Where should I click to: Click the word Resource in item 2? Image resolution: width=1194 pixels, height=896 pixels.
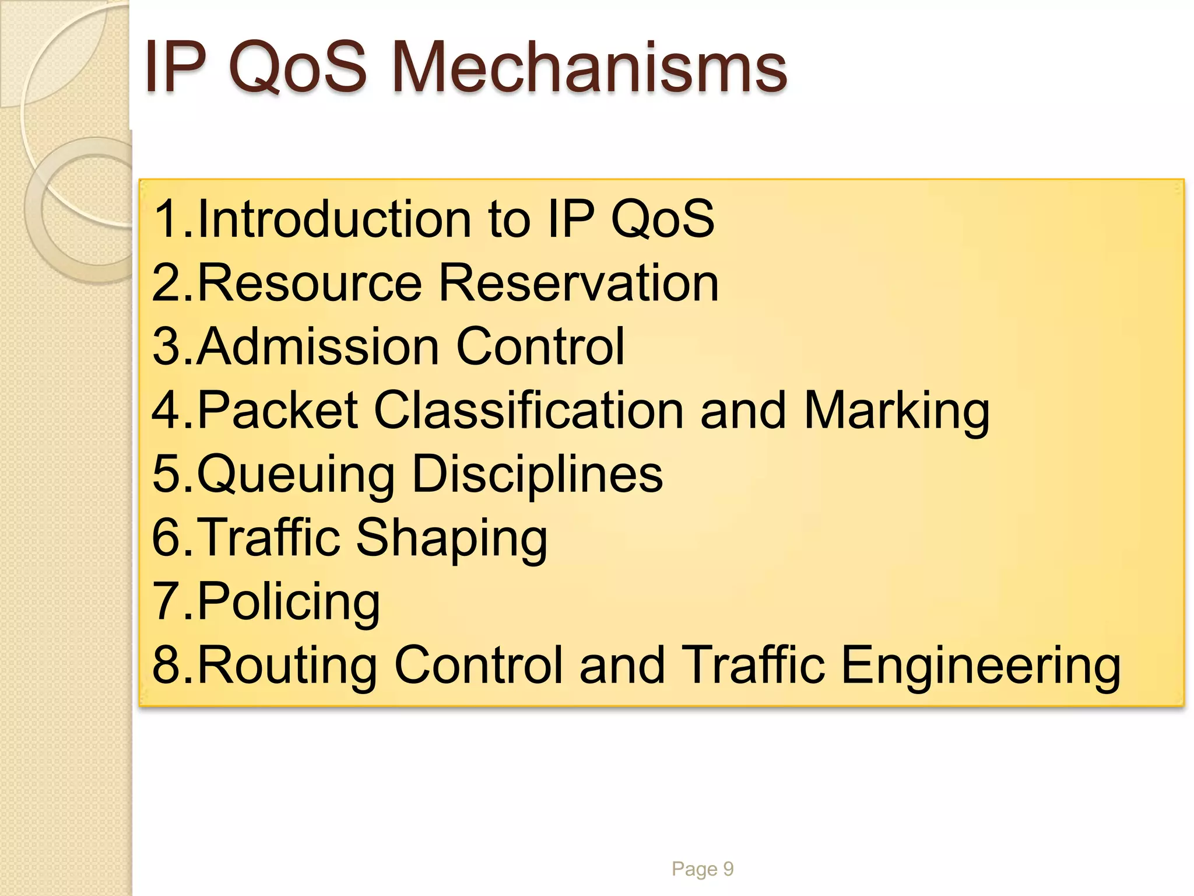tap(310, 283)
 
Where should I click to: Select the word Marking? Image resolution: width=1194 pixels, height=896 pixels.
tap(897, 412)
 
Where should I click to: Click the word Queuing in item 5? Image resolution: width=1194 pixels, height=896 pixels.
tap(296, 475)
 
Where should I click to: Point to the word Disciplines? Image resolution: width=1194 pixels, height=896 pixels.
tap(537, 474)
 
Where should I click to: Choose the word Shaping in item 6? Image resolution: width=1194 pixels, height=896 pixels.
tap(452, 538)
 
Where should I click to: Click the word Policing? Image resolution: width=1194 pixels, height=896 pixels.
tap(289, 602)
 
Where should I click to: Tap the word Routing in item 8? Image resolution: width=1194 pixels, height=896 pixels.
tap(287, 666)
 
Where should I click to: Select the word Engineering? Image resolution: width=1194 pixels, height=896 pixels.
tap(981, 666)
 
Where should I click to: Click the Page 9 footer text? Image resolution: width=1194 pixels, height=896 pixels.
tap(702, 869)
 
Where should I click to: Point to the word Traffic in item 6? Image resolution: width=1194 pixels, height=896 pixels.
tap(269, 537)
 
